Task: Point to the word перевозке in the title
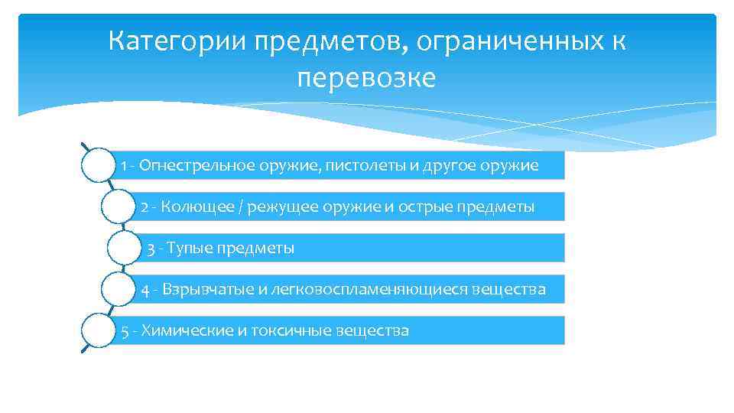coord(366,78)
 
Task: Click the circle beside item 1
coord(97,165)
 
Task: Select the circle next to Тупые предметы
coord(125,249)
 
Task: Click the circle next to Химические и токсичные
coord(97,331)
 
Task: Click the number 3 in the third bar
coord(151,249)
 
